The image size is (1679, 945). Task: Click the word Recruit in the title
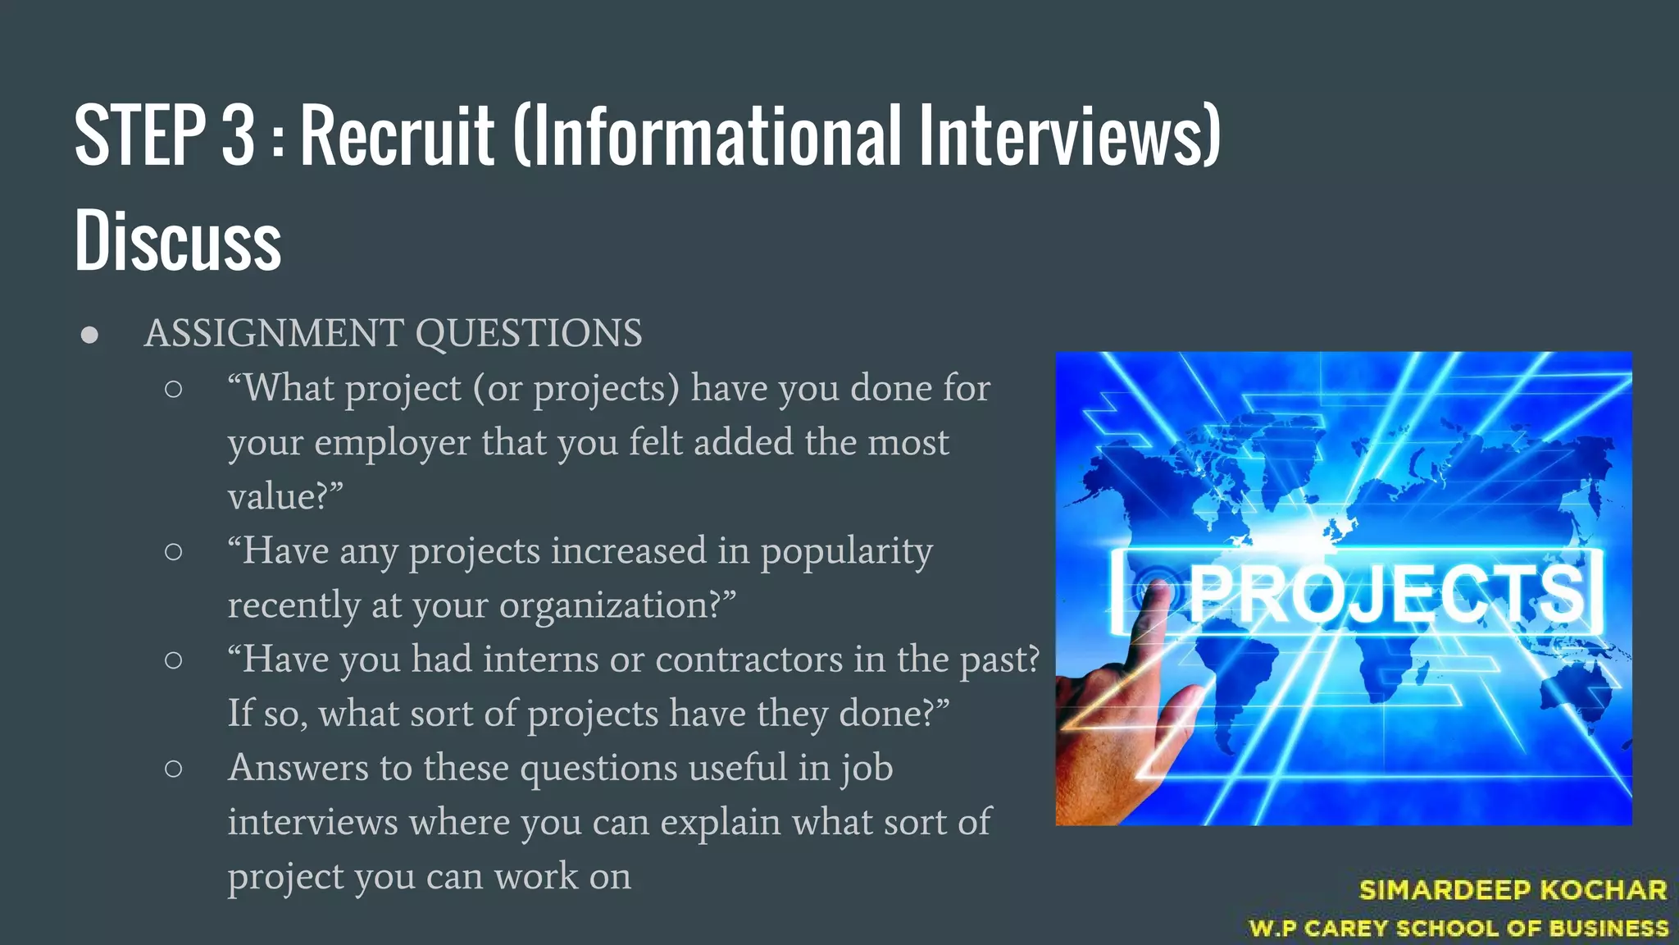tap(398, 135)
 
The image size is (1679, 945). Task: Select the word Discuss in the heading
tap(178, 240)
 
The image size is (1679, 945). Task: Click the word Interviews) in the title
tap(1070, 135)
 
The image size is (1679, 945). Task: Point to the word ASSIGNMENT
tap(274, 333)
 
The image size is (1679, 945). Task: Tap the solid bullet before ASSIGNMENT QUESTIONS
tap(90, 335)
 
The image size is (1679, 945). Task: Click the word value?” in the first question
tap(285, 496)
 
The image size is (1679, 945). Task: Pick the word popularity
tap(847, 551)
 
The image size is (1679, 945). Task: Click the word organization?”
tap(617, 605)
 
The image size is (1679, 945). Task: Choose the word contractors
tap(748, 660)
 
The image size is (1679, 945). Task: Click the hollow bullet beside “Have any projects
tap(173, 552)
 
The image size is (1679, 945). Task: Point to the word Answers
tap(298, 768)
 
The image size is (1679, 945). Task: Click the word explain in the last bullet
tap(721, 822)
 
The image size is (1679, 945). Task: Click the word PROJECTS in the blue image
tap(1386, 594)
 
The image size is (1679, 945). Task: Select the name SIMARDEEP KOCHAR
tap(1513, 890)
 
